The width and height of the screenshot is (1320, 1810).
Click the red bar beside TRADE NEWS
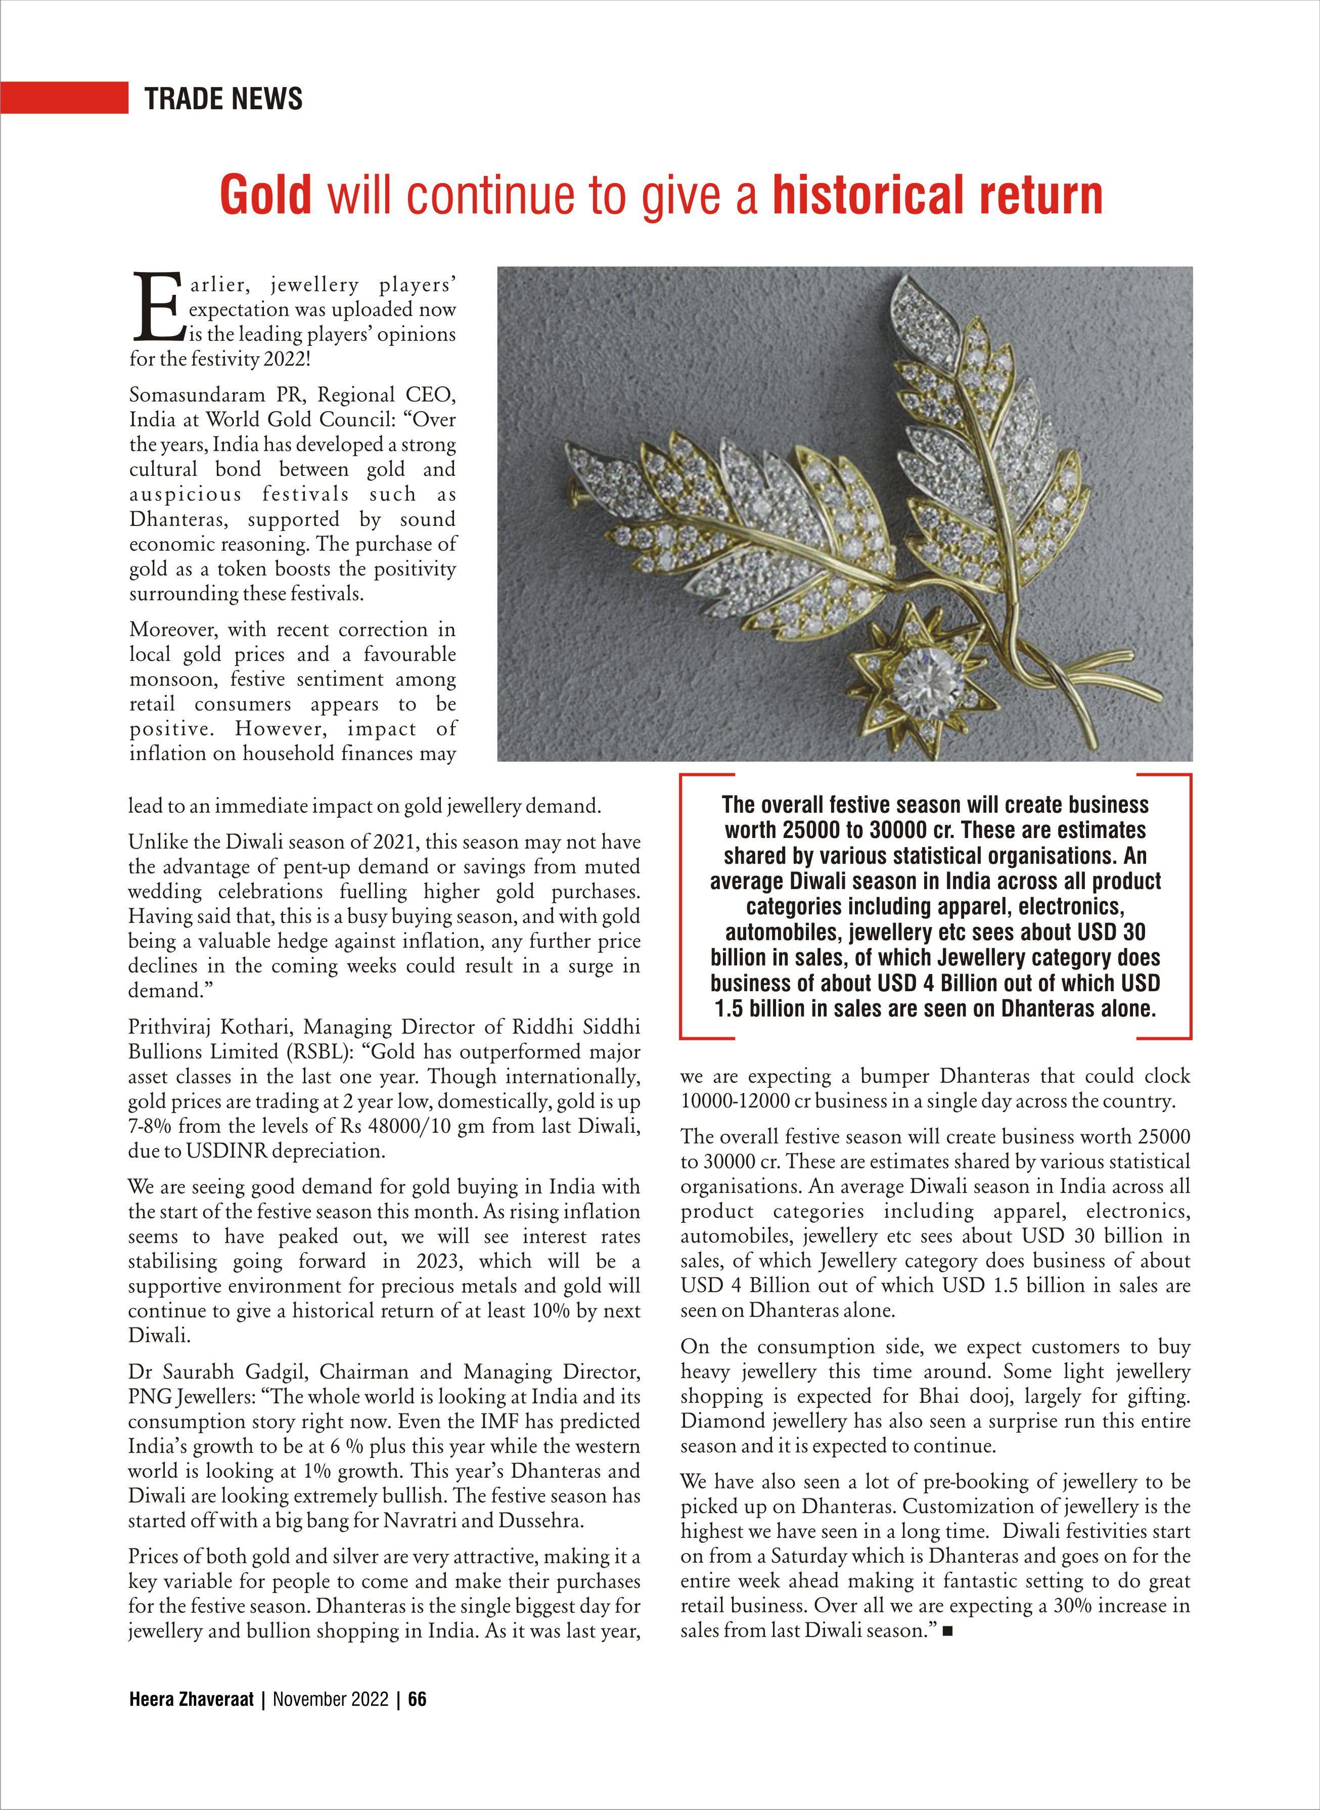click(64, 98)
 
